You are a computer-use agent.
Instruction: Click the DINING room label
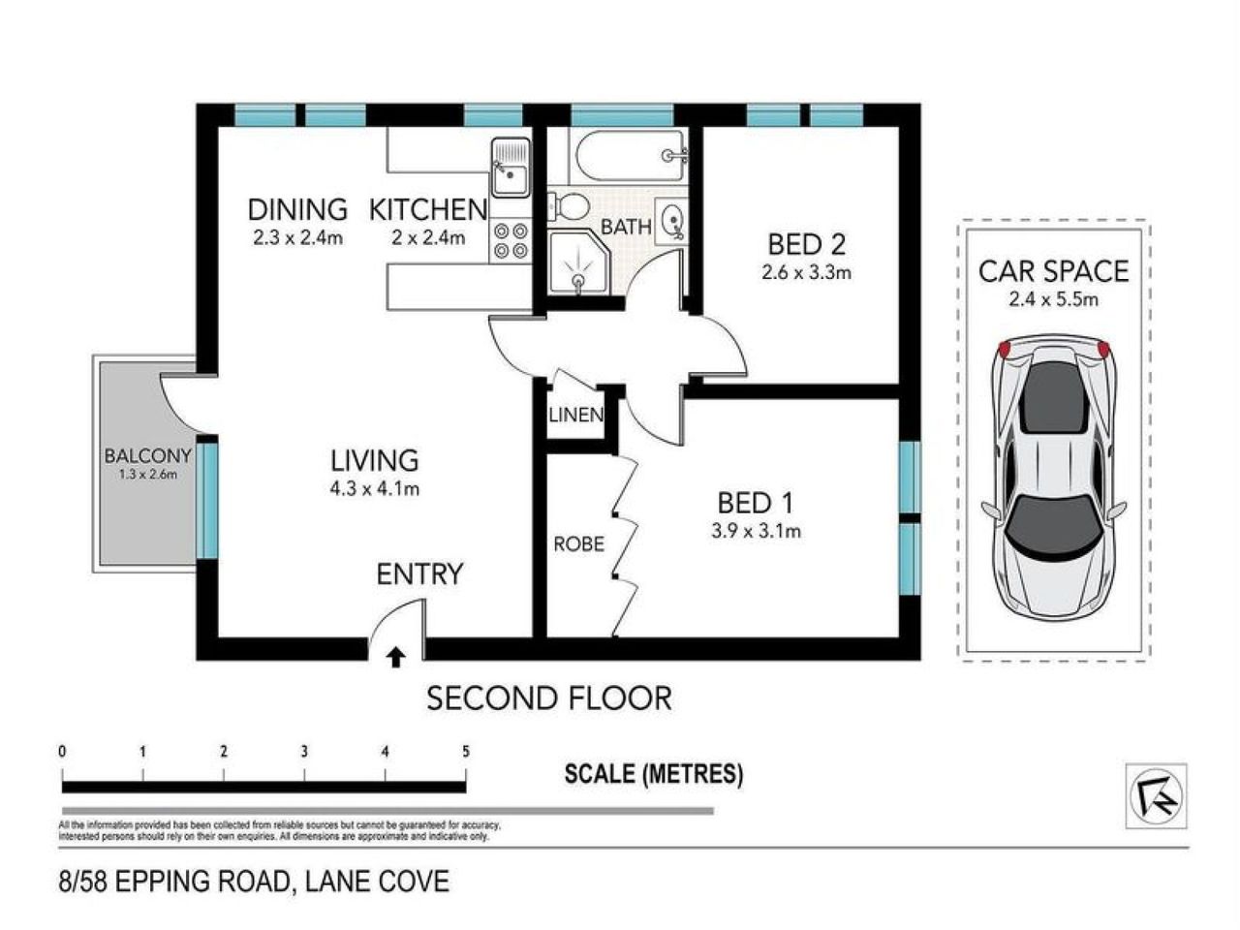(297, 209)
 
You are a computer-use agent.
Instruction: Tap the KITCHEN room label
(427, 209)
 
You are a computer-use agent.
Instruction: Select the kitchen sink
(510, 167)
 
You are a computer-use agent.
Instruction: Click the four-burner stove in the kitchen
(511, 240)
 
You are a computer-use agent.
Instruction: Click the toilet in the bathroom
(569, 206)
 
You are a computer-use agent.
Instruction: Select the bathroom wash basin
(672, 221)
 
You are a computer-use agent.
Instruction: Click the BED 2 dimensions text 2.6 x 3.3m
(806, 272)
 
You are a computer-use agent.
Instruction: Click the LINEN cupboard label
(576, 416)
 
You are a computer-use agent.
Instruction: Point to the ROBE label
(579, 544)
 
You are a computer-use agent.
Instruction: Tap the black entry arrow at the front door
(395, 659)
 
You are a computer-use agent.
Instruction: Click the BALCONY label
(148, 455)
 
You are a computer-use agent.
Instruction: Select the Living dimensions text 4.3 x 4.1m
(374, 489)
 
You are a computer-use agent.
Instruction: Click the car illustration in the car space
(1054, 480)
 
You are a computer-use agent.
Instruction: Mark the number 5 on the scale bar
(466, 752)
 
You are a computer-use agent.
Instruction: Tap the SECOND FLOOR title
(549, 697)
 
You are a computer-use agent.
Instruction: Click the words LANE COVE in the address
(377, 882)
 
